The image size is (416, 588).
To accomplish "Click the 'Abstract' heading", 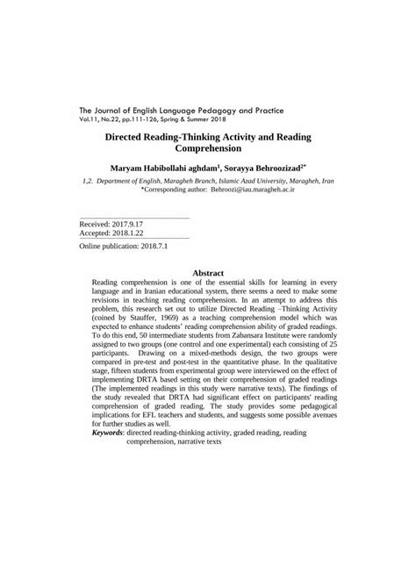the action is (208, 274).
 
